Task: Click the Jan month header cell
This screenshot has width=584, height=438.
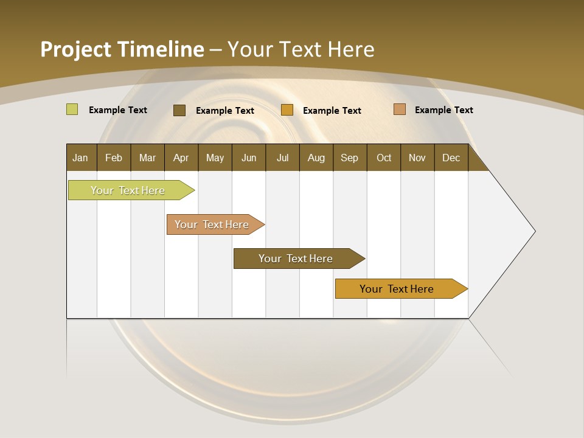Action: (x=81, y=158)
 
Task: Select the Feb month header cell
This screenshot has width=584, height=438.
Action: (x=114, y=158)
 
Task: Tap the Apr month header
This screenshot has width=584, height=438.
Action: (x=181, y=158)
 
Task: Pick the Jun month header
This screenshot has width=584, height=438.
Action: (x=249, y=158)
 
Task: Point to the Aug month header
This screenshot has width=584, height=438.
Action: (x=316, y=158)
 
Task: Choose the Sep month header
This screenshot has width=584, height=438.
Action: (x=350, y=158)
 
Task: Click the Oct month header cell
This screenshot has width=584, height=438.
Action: (x=384, y=158)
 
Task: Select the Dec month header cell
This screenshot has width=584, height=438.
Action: (x=451, y=158)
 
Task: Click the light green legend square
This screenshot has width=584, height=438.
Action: (x=72, y=109)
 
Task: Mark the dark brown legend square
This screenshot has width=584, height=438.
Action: (x=179, y=110)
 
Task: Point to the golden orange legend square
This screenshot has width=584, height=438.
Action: (x=287, y=110)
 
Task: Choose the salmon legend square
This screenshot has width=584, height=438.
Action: (x=400, y=109)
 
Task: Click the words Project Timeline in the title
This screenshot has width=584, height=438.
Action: (x=122, y=49)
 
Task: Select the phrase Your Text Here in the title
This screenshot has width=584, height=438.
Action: (x=301, y=49)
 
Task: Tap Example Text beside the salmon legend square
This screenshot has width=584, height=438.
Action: (x=444, y=110)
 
